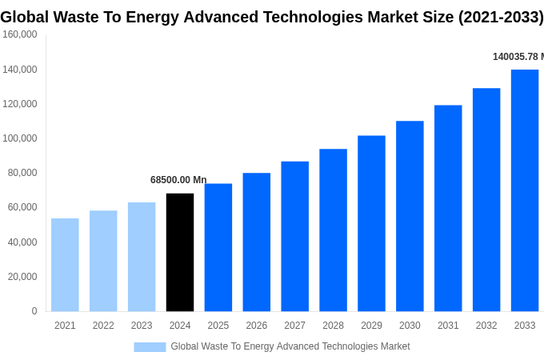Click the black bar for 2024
tap(180, 252)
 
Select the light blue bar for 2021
tap(65, 265)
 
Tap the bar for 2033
tap(525, 190)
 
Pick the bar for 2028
tap(333, 230)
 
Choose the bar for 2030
tap(410, 216)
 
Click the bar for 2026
tap(257, 242)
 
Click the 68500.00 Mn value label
tap(178, 180)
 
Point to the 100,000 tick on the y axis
tap(20, 138)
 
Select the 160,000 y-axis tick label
tap(20, 34)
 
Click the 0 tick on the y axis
tap(34, 311)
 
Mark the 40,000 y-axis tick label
tap(22, 242)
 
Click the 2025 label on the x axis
tap(218, 326)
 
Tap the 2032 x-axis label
tap(486, 326)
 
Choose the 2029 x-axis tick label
tap(371, 326)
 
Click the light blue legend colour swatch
tap(150, 347)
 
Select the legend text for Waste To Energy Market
tap(290, 346)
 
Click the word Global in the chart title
tap(26, 17)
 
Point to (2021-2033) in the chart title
tap(500, 17)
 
